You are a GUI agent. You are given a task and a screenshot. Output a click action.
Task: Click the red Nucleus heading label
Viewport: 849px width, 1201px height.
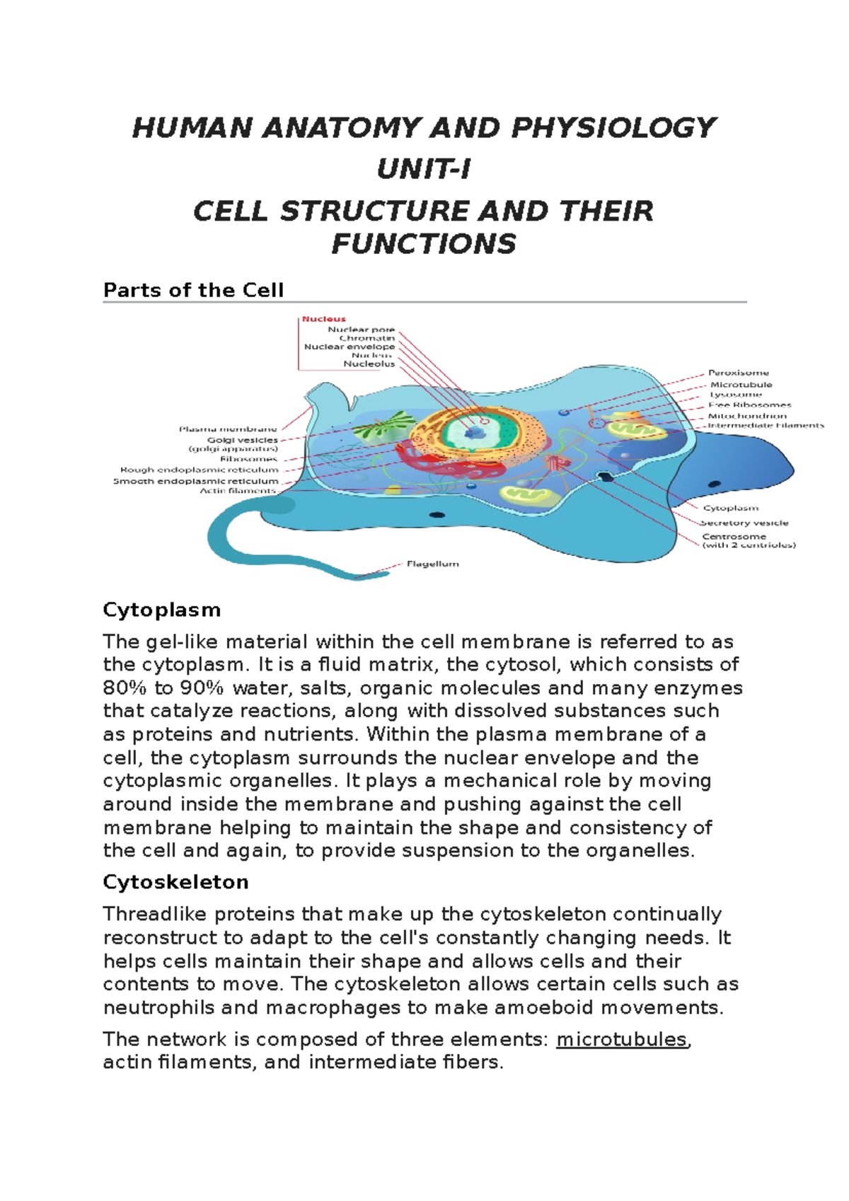[x=324, y=319]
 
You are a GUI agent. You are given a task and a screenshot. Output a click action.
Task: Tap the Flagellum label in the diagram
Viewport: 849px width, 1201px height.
[x=432, y=564]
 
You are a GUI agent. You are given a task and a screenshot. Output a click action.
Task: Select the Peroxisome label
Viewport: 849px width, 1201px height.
[x=738, y=373]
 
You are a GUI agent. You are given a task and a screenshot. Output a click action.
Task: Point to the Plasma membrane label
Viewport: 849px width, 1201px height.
[x=228, y=429]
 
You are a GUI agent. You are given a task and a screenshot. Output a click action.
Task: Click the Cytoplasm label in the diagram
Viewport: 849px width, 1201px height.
[x=730, y=508]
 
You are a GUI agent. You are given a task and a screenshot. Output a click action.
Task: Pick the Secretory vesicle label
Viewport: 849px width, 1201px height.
[x=744, y=523]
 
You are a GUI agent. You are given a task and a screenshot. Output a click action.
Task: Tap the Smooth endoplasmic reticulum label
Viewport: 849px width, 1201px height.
[x=196, y=481]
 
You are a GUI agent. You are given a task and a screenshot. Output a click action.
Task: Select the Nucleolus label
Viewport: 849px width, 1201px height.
[x=369, y=364]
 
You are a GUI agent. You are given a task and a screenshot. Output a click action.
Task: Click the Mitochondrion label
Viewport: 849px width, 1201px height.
[x=747, y=415]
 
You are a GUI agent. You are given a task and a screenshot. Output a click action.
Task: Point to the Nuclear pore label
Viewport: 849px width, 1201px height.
[x=361, y=329]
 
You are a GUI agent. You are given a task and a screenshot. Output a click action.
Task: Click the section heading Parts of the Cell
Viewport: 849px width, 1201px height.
[x=193, y=290]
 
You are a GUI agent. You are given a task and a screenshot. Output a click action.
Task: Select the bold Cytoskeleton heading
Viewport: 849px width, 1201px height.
[x=175, y=882]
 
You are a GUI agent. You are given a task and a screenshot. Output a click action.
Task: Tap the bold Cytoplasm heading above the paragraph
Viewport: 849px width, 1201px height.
[x=161, y=610]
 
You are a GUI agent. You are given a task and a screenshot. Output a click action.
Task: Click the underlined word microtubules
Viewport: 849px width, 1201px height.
[x=622, y=1039]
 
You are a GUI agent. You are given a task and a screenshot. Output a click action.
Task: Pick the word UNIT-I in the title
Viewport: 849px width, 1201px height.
[x=424, y=170]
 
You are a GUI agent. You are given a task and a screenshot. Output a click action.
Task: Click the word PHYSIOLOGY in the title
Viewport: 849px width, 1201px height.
[x=613, y=128]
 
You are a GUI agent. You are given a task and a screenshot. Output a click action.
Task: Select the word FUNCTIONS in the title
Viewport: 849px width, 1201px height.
[x=424, y=244]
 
